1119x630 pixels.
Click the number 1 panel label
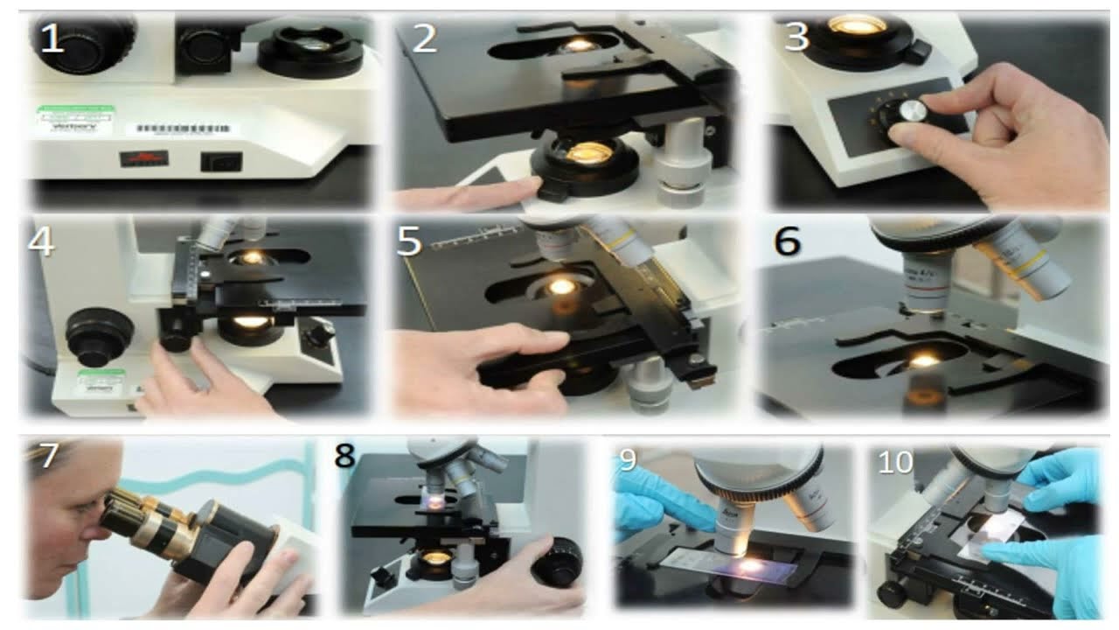(x=52, y=39)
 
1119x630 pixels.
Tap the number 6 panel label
(x=787, y=241)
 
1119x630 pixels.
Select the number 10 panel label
(x=895, y=463)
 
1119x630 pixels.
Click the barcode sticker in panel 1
(x=183, y=129)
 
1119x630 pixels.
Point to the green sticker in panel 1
(x=75, y=117)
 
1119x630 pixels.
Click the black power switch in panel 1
(x=220, y=161)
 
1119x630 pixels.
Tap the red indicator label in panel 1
(x=143, y=158)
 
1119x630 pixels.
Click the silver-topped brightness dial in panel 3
(x=910, y=112)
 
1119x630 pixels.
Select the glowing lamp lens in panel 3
(x=857, y=25)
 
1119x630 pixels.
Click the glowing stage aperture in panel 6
(x=923, y=360)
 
